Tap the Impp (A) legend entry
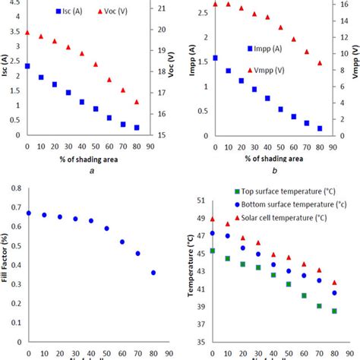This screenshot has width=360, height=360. point(270,49)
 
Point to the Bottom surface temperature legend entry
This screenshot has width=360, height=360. point(286,205)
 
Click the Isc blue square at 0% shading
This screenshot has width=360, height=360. point(28,66)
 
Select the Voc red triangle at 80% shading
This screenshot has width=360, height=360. point(137,102)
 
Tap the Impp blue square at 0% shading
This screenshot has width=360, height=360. point(215,58)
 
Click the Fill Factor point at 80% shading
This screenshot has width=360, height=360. point(153,272)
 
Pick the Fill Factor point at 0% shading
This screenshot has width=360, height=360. point(29,213)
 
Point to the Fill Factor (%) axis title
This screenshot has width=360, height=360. point(8,258)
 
